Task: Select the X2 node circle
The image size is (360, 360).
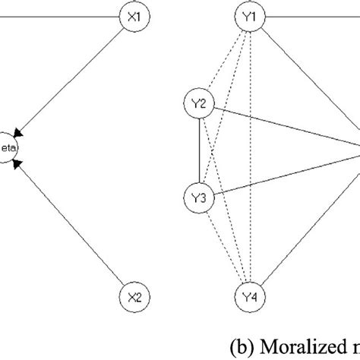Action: click(131, 295)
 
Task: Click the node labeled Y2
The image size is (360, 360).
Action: click(199, 104)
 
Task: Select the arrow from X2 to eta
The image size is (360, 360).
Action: click(76, 220)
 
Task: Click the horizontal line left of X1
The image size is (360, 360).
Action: click(61, 14)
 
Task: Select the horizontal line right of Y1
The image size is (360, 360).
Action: click(311, 14)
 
